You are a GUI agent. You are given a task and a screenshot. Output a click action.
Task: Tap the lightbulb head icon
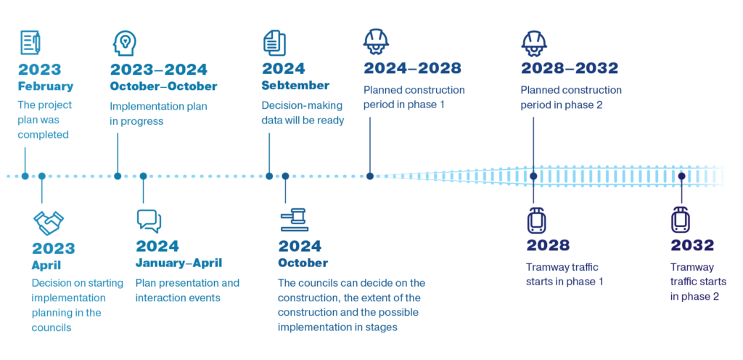(x=124, y=43)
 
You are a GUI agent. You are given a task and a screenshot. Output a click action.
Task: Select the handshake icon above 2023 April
(x=48, y=223)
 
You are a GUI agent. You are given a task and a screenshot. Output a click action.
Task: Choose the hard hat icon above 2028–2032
(x=534, y=42)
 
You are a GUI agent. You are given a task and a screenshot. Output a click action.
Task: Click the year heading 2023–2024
(x=159, y=70)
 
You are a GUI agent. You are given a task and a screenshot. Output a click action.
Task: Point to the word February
(x=45, y=86)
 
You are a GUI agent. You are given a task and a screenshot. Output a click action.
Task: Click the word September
(x=296, y=86)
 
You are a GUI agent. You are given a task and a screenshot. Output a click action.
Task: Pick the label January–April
(x=178, y=262)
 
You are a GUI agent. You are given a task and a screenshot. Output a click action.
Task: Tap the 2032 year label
(x=692, y=245)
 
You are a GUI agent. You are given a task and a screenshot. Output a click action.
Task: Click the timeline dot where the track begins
(x=370, y=176)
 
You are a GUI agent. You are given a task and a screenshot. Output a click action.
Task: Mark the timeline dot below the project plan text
(x=25, y=176)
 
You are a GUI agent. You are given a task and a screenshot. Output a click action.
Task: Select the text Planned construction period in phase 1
(x=414, y=97)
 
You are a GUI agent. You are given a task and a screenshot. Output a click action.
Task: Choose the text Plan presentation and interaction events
(x=187, y=290)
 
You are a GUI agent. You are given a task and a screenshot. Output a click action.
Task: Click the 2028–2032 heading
(x=570, y=69)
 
